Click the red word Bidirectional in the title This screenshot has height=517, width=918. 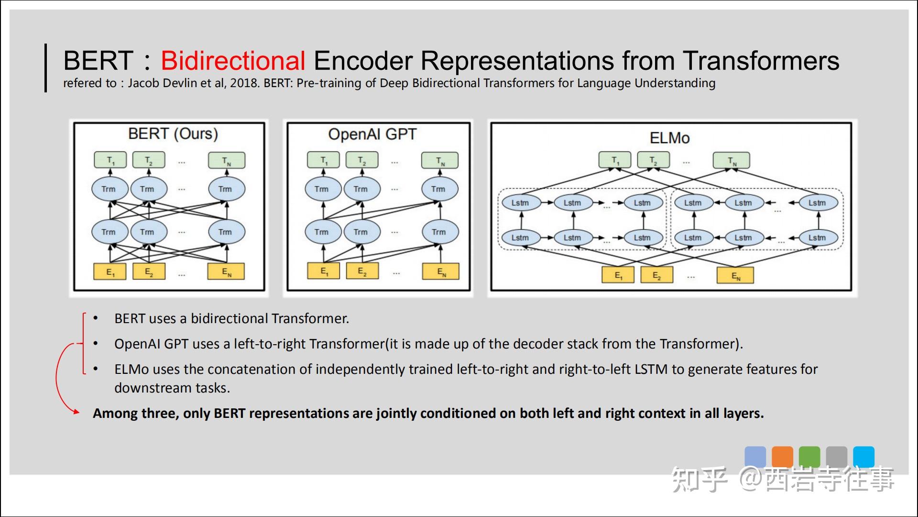tap(233, 61)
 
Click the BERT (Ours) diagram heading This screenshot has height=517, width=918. tap(173, 134)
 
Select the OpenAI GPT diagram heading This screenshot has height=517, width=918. tap(372, 135)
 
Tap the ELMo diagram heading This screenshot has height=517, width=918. tap(669, 138)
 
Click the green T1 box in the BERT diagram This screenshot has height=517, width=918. tap(110, 160)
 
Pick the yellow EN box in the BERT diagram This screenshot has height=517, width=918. tap(226, 272)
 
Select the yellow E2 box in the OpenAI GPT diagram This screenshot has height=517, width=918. tap(362, 271)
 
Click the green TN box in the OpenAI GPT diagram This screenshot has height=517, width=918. tap(440, 161)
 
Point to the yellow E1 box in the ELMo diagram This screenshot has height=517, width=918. tap(618, 275)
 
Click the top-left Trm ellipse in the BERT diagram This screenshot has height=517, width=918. tap(109, 189)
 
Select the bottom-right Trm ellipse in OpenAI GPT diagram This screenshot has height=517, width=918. tap(439, 232)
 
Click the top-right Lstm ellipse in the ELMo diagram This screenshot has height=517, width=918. tap(817, 203)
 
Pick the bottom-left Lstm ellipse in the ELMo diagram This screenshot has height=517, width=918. tap(520, 238)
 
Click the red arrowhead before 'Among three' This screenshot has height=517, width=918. tap(76, 411)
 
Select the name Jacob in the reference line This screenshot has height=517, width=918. tap(143, 83)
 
